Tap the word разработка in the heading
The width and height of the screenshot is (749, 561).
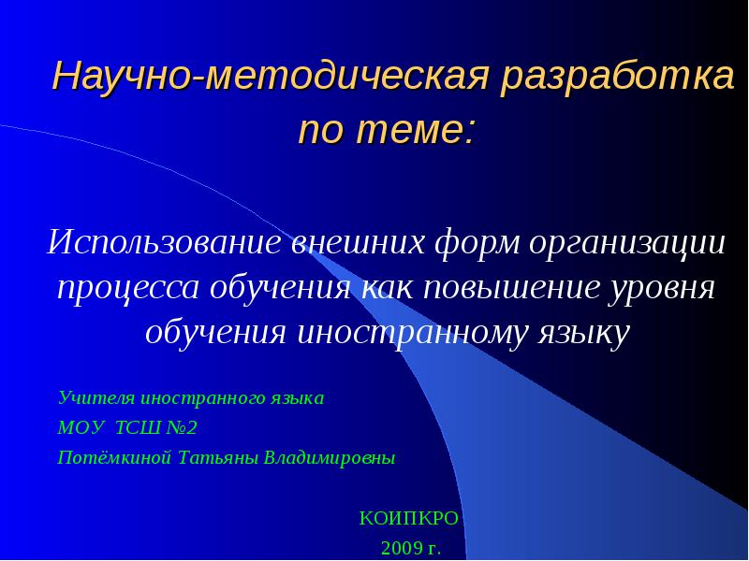coord(617,78)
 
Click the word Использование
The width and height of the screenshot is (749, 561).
coord(165,242)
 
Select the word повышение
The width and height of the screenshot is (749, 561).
coord(511,288)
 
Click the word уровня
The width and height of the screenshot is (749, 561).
coord(662,289)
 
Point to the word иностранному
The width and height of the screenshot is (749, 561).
coord(413,333)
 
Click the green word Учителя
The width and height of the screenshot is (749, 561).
coord(96,397)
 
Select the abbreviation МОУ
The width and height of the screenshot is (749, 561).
coord(80,428)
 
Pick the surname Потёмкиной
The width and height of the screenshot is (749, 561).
coord(114,458)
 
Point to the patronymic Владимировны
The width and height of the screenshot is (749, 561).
coord(330,458)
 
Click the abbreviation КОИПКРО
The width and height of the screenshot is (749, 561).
coord(409,518)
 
